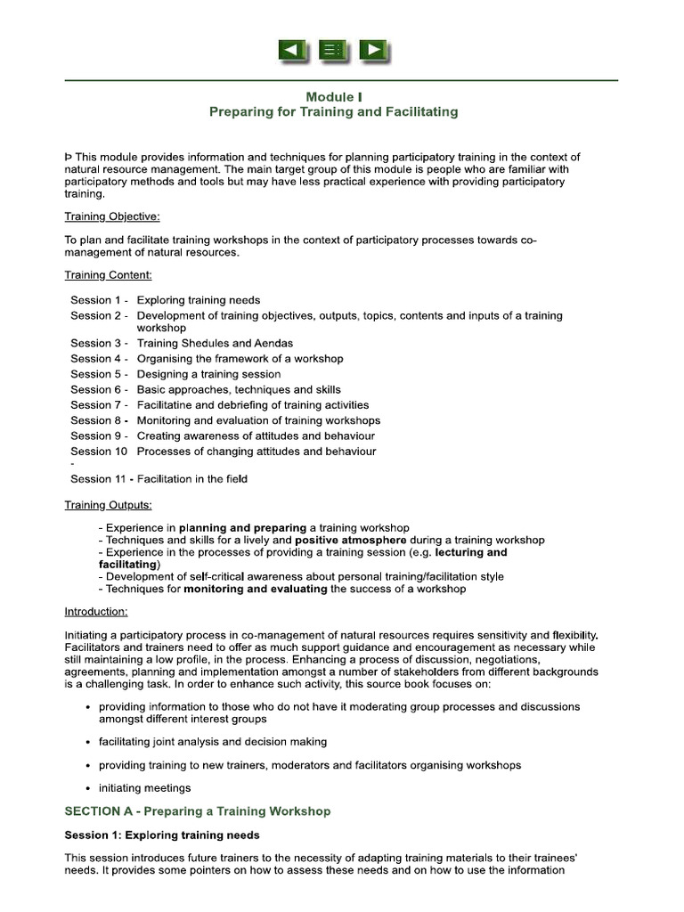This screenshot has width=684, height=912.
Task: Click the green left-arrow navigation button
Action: (x=293, y=51)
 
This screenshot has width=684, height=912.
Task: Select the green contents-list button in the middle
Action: (x=334, y=51)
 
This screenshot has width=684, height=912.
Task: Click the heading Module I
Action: (x=334, y=97)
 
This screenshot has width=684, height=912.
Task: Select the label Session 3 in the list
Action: (x=96, y=343)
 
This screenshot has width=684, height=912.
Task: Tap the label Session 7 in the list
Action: (x=96, y=405)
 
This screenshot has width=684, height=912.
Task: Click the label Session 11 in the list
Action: (x=99, y=478)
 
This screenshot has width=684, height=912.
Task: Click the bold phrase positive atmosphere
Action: (x=351, y=540)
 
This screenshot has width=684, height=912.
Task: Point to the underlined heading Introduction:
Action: (x=96, y=612)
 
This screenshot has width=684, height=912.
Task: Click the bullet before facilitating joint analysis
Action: (x=86, y=742)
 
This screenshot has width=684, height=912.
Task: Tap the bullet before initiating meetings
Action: (x=86, y=788)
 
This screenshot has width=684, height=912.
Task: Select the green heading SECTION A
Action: (x=197, y=811)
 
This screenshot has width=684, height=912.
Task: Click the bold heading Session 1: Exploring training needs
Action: (x=162, y=835)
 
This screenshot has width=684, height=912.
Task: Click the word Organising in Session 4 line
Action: (x=167, y=359)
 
